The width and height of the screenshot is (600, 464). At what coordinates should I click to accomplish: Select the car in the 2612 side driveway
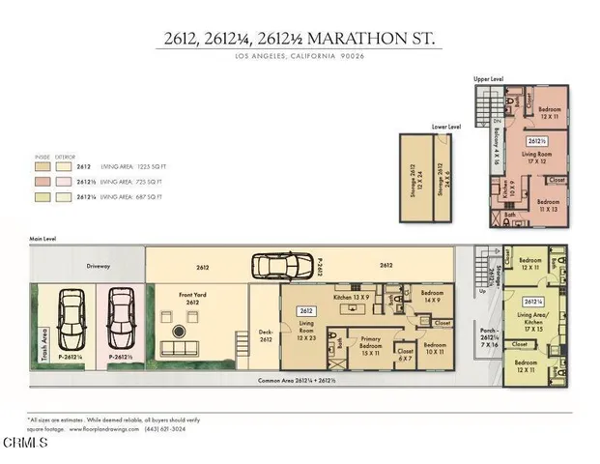[x=282, y=265]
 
